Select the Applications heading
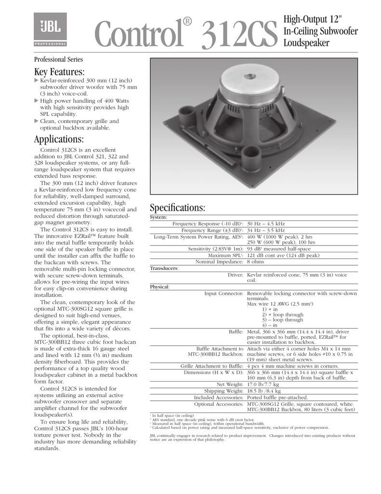pyautogui.click(x=59, y=139)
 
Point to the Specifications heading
pyautogui.click(x=178, y=208)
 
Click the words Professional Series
pyautogui.click(x=58, y=59)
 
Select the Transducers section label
pyautogui.click(x=164, y=268)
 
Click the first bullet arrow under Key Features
pyautogui.click(x=36, y=80)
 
